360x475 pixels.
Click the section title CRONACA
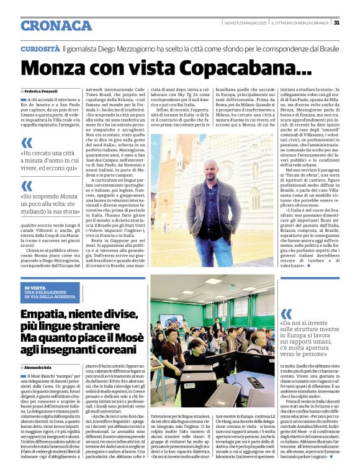click(56, 25)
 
